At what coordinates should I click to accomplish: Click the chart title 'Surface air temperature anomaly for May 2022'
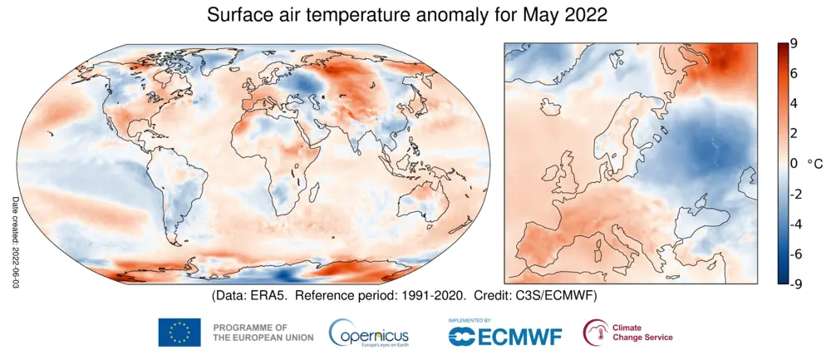[407, 15]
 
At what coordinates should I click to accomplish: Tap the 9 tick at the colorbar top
[794, 45]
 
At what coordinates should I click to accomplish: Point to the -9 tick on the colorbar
[796, 284]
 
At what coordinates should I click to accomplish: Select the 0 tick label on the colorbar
[794, 164]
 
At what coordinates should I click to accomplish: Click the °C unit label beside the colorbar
[815, 164]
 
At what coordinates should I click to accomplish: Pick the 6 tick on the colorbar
[794, 74]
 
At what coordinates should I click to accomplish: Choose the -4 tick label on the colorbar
[796, 224]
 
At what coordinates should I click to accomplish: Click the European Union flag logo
[179, 332]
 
